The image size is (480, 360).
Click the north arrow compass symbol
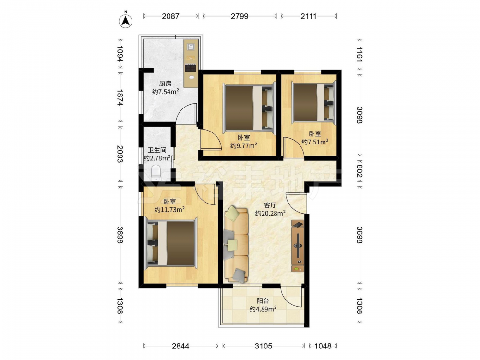[x=125, y=21]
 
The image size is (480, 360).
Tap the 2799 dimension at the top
[x=240, y=16]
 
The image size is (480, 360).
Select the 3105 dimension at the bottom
[x=264, y=346]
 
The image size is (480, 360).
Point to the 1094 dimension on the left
[x=120, y=54]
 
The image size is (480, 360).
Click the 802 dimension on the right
[x=360, y=171]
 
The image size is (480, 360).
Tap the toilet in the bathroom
[x=156, y=173]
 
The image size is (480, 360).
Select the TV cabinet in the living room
[x=298, y=246]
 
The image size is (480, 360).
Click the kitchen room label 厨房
[x=165, y=84]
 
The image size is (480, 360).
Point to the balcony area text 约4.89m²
[x=263, y=309]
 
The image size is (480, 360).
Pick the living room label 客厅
[x=270, y=205]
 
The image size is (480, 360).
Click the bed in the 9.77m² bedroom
[x=250, y=107]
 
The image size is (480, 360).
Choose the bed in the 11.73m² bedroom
[x=170, y=242]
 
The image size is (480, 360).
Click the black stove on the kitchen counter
[x=191, y=68]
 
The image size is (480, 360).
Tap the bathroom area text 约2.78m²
[x=157, y=158]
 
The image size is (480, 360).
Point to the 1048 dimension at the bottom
[x=323, y=346]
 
